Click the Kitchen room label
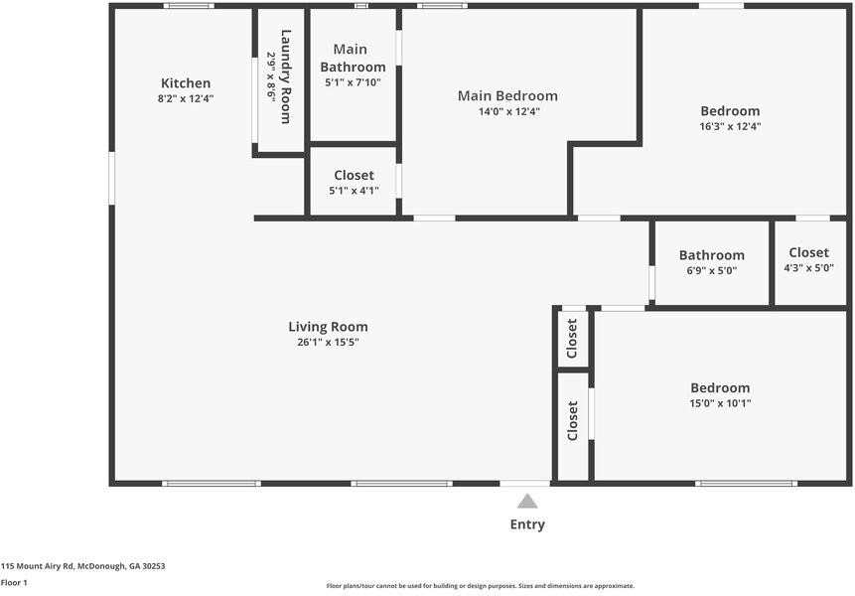point(186,83)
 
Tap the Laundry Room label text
point(285,76)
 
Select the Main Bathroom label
point(352,58)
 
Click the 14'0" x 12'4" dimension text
point(507,112)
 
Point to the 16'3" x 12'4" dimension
point(730,127)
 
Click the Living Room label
point(328,327)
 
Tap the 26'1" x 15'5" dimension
point(328,343)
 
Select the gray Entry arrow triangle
point(527,501)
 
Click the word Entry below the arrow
point(527,524)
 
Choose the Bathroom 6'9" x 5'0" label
point(711,262)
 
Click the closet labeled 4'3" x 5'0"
point(808,260)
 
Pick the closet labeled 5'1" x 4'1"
point(354,183)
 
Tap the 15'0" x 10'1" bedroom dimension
point(720,404)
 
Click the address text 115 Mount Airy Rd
point(82,566)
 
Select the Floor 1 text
point(14,583)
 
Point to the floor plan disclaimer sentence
point(480,586)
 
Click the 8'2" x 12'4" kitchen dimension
point(186,99)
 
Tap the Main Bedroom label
point(507,96)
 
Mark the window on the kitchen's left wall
point(112,179)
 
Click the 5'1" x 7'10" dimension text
point(352,82)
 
